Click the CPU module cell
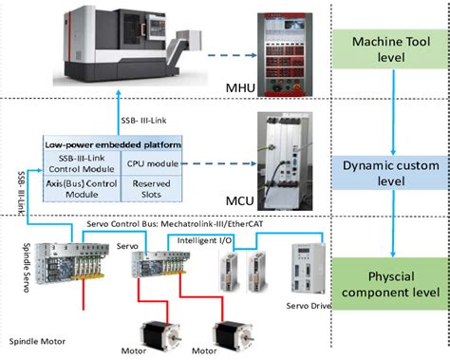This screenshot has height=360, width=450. point(151,163)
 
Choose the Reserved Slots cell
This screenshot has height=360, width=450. point(151,188)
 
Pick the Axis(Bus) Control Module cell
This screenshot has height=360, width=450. point(82,188)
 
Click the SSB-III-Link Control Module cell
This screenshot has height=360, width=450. point(82,163)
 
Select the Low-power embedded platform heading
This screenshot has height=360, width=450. point(113,144)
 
